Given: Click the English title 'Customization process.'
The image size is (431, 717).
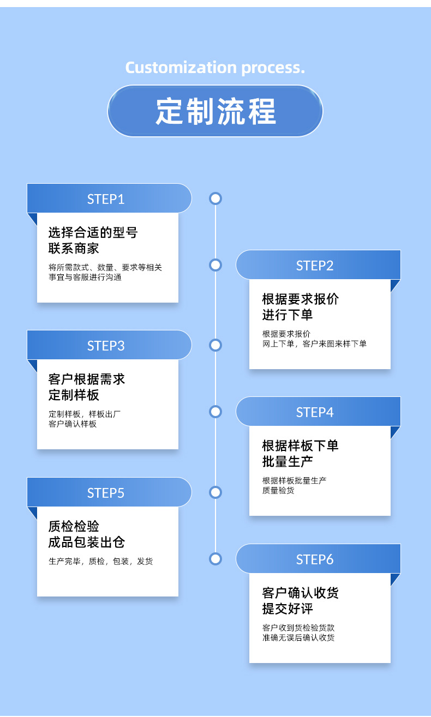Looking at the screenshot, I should (x=215, y=68).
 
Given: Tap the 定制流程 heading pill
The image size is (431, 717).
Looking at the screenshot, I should (x=215, y=111).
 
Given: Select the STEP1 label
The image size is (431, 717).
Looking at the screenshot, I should (x=106, y=199).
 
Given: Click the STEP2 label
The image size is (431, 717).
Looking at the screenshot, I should (x=315, y=266).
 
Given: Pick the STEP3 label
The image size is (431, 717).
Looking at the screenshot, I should (x=106, y=346).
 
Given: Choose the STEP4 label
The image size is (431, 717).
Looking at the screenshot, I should (x=315, y=412).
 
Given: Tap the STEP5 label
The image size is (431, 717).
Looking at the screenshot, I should (x=106, y=493).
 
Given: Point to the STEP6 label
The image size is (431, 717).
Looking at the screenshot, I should (x=315, y=559).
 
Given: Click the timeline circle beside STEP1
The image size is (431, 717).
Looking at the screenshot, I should (x=215, y=198).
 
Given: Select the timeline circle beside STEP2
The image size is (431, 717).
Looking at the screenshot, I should (x=215, y=265).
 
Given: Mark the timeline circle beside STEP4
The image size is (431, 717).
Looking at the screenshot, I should (x=215, y=412).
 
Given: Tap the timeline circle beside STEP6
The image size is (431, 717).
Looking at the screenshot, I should (x=215, y=559).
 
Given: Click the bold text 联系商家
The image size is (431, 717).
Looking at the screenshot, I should (x=74, y=249).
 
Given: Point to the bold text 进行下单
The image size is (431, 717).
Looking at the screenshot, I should (x=287, y=315).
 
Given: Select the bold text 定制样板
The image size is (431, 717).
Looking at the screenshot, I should (x=74, y=395).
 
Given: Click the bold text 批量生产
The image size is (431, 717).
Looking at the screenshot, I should (x=287, y=462).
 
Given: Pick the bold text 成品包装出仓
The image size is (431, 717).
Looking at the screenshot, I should (x=87, y=543).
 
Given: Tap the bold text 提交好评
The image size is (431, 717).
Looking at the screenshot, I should (x=287, y=609).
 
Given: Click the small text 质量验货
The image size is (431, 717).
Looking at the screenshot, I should (x=278, y=490).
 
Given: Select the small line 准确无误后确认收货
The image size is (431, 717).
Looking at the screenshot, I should (x=298, y=637).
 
